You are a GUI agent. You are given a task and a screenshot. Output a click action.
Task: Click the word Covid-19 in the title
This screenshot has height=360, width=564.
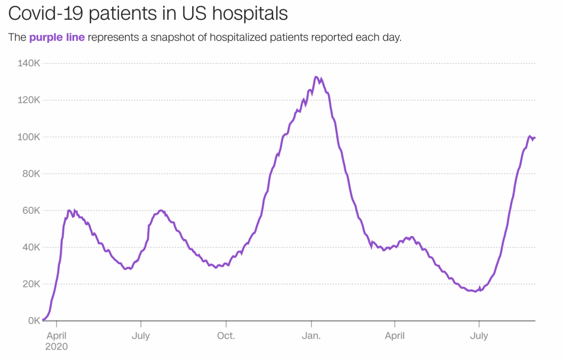click(46, 14)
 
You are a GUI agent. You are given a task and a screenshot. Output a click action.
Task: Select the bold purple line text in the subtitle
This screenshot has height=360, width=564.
click(57, 38)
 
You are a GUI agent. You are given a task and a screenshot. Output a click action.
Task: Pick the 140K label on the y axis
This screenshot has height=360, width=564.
click(30, 63)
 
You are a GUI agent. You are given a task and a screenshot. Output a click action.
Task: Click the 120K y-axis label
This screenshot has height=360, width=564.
click(30, 100)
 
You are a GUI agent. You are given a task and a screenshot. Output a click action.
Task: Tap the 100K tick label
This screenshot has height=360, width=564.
click(30, 137)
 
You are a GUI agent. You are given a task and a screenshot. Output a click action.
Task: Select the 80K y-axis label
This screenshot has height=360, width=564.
click(32, 173)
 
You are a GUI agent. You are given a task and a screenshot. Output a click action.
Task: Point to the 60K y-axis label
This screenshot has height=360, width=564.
click(32, 211)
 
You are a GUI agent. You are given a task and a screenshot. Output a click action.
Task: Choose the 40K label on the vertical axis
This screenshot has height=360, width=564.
click(32, 247)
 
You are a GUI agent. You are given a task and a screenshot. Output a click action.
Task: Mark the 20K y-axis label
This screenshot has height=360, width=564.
click(32, 284)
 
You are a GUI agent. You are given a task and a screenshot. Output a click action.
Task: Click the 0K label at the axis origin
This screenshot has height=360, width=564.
click(34, 321)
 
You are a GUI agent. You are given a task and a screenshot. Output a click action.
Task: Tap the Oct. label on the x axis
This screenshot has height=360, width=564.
click(226, 335)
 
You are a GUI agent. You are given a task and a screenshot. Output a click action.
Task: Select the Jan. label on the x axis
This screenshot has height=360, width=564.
click(311, 335)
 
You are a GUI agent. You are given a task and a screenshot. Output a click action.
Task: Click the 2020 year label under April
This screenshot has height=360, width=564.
click(56, 346)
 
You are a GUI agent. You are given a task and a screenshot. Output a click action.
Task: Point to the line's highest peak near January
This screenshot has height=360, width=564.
click(316, 77)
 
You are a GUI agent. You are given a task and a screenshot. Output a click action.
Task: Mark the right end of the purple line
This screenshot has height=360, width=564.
click(535, 137)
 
